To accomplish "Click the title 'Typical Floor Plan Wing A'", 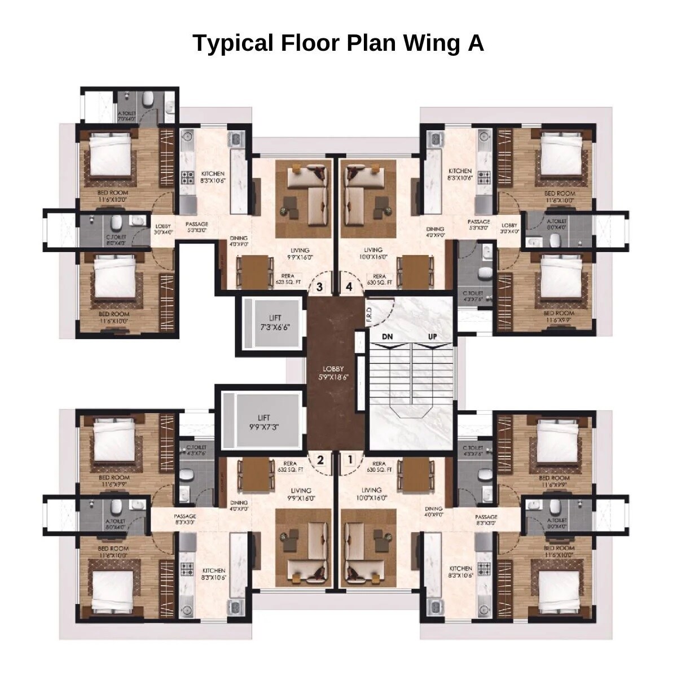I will tap(338, 43).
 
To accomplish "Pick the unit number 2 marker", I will tap(320, 460).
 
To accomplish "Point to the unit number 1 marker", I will tap(350, 460).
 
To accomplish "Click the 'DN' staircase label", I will tap(387, 337).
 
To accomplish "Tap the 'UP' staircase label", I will tap(433, 337).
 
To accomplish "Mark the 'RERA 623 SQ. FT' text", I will tap(288, 279).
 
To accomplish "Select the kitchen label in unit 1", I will tap(460, 572).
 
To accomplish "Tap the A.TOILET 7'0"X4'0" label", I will tap(127, 116).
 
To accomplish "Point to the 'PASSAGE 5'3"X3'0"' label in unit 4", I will tap(478, 225).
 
